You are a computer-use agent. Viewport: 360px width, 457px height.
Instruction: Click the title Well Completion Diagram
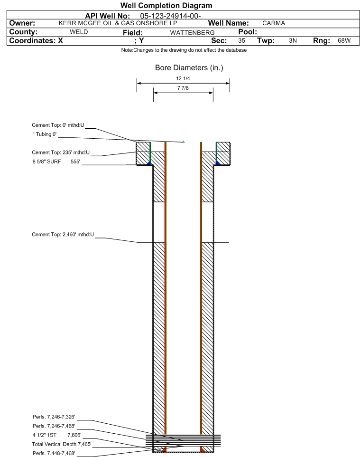pyautogui.click(x=166, y=6)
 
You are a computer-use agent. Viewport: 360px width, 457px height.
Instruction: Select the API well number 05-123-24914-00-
pyautogui.click(x=171, y=16)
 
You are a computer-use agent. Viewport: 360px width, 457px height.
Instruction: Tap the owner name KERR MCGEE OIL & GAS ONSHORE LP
pyautogui.click(x=118, y=23)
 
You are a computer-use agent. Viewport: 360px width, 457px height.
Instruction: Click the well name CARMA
pyautogui.click(x=274, y=23)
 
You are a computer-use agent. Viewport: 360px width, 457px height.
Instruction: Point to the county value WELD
pyautogui.click(x=79, y=32)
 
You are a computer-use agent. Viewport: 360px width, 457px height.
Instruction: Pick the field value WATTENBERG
pyautogui.click(x=193, y=33)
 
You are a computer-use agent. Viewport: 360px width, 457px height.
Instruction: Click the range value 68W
pyautogui.click(x=344, y=40)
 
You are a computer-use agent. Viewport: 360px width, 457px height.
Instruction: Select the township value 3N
pyautogui.click(x=293, y=40)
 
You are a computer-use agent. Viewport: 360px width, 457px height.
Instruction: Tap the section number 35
pyautogui.click(x=241, y=40)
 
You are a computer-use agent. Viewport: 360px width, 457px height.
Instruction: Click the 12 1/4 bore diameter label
pyautogui.click(x=183, y=78)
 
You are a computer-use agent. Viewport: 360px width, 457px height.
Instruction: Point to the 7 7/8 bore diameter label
pyautogui.click(x=183, y=88)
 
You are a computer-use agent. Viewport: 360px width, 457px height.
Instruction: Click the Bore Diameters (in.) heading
pyautogui.click(x=189, y=68)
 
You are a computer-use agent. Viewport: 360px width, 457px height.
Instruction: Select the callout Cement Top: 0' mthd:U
pyautogui.click(x=58, y=125)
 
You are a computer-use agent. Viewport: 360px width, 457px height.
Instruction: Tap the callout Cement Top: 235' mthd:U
pyautogui.click(x=61, y=152)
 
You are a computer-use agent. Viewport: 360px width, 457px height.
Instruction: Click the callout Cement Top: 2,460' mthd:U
pyautogui.click(x=63, y=235)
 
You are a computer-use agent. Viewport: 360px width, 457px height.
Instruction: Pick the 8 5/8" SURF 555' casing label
pyautogui.click(x=56, y=162)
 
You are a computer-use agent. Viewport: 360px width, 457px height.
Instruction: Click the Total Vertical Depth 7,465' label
pyautogui.click(x=62, y=444)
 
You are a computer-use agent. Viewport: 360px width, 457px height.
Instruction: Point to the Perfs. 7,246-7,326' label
pyautogui.click(x=54, y=417)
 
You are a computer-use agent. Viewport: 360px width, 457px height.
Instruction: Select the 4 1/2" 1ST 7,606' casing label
pyautogui.click(x=57, y=435)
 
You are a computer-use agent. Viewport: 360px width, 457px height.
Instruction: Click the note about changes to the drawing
pyautogui.click(x=184, y=50)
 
